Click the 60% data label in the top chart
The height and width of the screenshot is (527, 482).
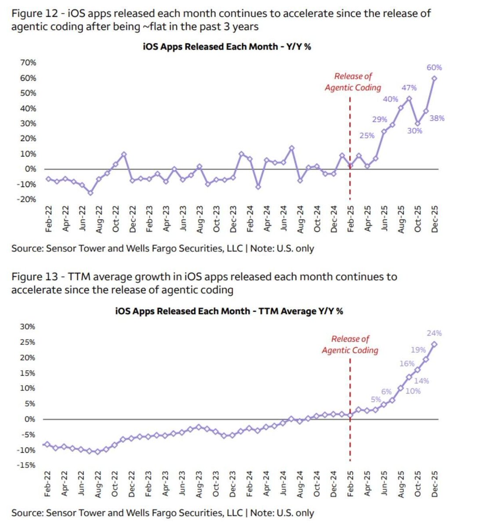[434, 68]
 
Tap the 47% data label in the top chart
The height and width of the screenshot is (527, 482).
[409, 88]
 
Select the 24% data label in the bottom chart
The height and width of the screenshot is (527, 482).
[434, 333]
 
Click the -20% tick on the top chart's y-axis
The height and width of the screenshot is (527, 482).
[26, 199]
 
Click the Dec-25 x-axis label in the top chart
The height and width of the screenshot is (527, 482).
[435, 219]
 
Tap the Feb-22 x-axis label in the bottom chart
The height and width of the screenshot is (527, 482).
[48, 484]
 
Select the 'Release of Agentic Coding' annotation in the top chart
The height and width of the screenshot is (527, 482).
[353, 82]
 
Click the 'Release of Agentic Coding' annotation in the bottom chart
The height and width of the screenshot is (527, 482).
[350, 344]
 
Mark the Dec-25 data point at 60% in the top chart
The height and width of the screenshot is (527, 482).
[434, 78]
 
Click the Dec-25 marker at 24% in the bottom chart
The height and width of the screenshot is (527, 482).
[434, 344]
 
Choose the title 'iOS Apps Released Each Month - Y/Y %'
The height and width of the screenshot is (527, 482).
[227, 47]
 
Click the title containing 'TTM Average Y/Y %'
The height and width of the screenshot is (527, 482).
[229, 311]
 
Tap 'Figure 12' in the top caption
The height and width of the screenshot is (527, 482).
[35, 13]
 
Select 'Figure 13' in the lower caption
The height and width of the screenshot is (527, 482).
[35, 277]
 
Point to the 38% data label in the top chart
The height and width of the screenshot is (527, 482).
[437, 118]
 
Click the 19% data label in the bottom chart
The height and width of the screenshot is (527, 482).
[418, 350]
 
